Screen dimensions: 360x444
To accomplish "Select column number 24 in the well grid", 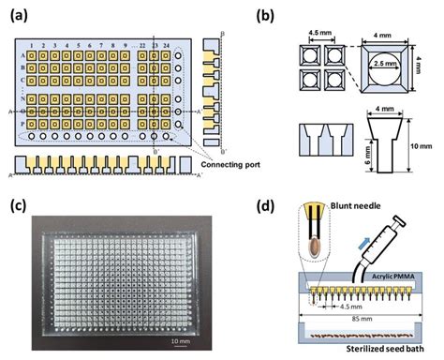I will [x=167, y=45].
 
